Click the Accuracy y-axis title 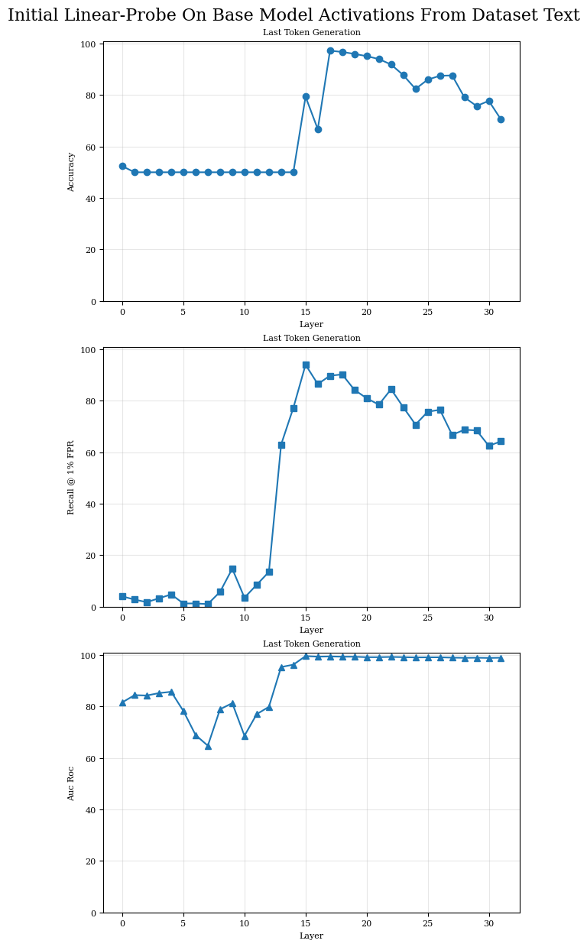71,171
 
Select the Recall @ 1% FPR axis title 71,477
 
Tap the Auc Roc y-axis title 71,783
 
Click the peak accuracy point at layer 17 330,51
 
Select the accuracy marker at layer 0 122,166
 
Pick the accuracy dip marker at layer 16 318,129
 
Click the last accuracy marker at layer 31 501,119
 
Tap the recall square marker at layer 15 306,365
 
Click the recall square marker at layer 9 232,569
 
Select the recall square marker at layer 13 281,445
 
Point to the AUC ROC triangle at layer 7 208,745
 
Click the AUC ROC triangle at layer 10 245,735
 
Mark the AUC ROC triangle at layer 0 122,702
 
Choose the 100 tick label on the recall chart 88,350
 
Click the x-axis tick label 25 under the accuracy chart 428,313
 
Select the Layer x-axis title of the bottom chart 311,936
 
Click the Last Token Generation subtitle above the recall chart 311,338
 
